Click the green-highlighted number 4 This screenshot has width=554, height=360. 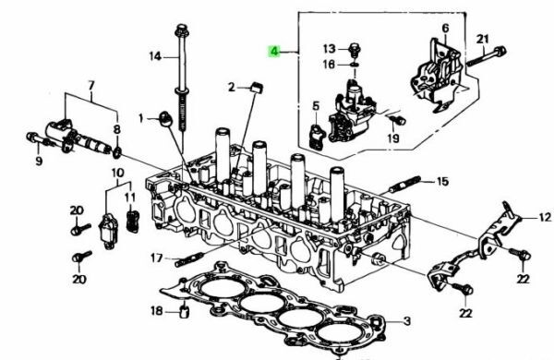click(x=274, y=51)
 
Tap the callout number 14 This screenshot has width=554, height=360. click(x=155, y=56)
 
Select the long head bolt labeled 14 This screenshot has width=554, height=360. click(x=182, y=77)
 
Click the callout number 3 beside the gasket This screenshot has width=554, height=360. click(x=407, y=321)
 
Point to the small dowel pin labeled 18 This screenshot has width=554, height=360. click(x=185, y=312)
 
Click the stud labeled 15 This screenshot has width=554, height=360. click(x=405, y=185)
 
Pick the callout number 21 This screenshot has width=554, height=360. click(x=482, y=39)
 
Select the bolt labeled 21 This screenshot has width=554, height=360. click(x=487, y=56)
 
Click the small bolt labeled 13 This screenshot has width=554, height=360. click(x=355, y=50)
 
